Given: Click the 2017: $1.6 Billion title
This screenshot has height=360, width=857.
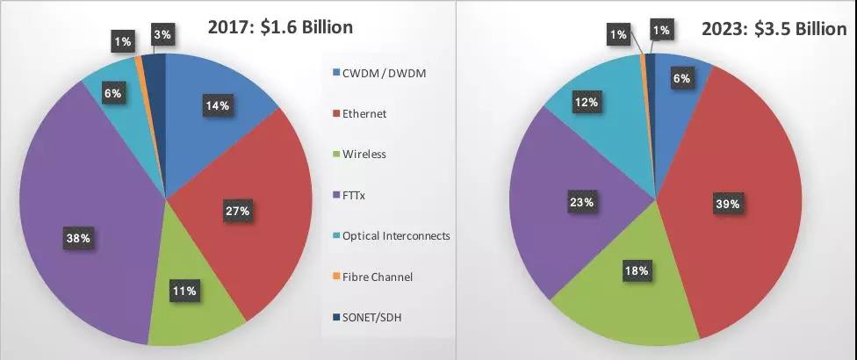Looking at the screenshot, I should click(x=280, y=27).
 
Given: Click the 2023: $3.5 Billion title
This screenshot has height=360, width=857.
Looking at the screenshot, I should click(x=774, y=30).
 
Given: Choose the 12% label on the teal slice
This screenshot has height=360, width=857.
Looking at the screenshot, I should click(x=587, y=102).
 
